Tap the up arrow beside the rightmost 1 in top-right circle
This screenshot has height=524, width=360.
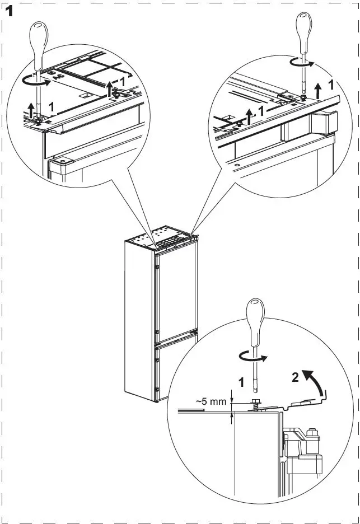click(317, 89)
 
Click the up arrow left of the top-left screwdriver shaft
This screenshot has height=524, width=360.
click(32, 109)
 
